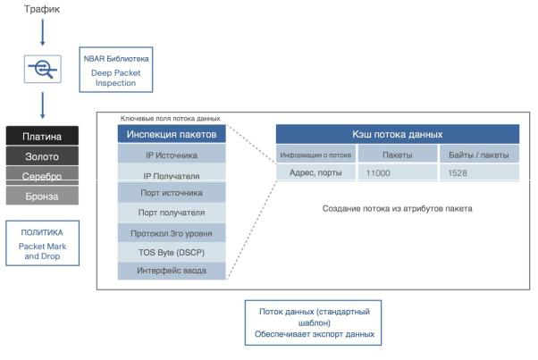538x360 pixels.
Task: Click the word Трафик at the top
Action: [x=41, y=11]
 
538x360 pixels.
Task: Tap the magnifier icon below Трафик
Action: [x=41, y=68]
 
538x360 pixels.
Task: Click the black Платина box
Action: [x=42, y=137]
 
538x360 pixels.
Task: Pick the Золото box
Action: [x=42, y=156]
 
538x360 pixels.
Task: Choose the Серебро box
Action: [x=42, y=176]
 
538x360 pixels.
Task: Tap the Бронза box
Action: [x=42, y=194]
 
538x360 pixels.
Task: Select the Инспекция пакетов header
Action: [x=172, y=134]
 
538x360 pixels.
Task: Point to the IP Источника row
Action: [x=172, y=155]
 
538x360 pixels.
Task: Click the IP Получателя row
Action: [x=172, y=175]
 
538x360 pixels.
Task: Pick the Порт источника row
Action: [x=172, y=192]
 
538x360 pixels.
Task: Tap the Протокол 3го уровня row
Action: [x=172, y=232]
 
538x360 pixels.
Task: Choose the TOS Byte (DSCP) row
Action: [x=172, y=252]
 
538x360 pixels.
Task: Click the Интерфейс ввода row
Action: [x=172, y=271]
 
